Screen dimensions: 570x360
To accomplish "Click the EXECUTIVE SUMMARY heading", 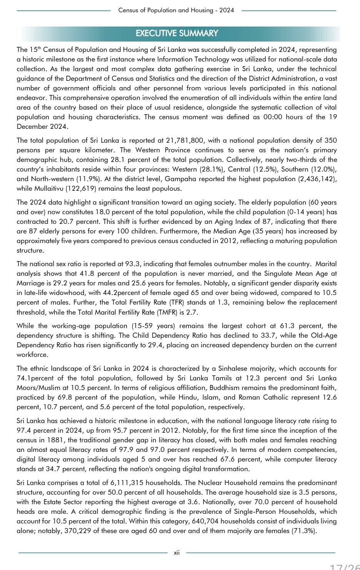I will click(x=177, y=33).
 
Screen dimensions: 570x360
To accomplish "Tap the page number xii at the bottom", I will click(x=177, y=553).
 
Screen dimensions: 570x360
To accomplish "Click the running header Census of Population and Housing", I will click(x=176, y=10).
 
